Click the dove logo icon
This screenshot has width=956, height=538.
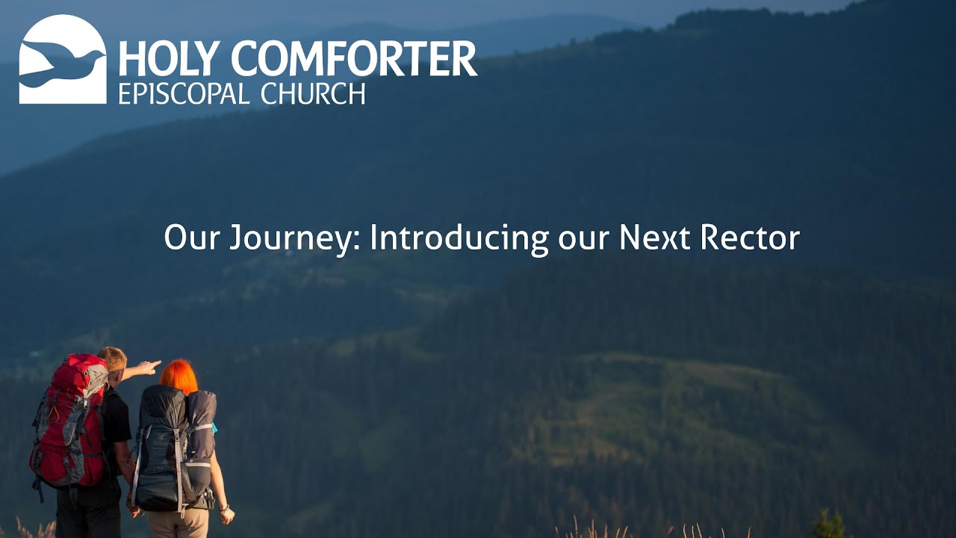[x=63, y=59]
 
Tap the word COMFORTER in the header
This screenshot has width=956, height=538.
[x=353, y=59]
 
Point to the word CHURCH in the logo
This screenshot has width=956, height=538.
[x=313, y=93]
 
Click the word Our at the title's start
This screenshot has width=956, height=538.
[x=191, y=238]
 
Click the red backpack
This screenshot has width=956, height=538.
[x=69, y=422]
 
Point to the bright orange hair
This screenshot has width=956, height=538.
[x=179, y=376]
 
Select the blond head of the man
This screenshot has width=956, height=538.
[x=113, y=359]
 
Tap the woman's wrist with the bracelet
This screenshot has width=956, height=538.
[x=223, y=508]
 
